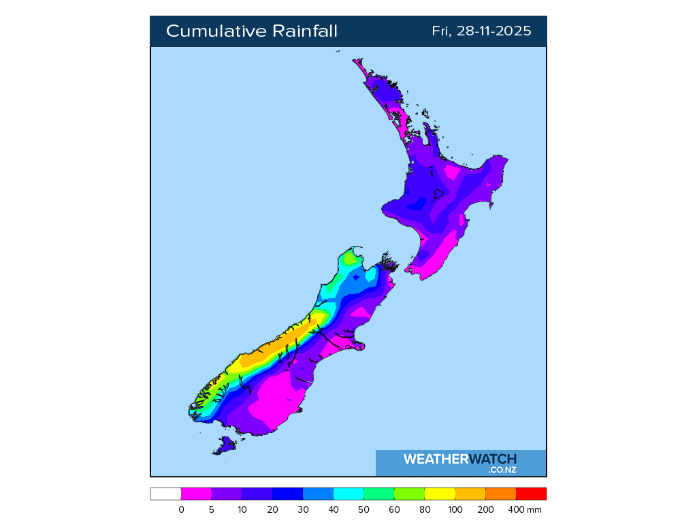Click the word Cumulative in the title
[216, 31]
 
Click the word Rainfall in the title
[304, 31]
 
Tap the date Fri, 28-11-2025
[481, 31]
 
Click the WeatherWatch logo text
[459, 459]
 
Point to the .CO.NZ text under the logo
[502, 470]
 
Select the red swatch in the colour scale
[531, 494]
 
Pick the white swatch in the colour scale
[165, 494]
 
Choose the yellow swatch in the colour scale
[440, 494]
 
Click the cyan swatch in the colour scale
[348, 494]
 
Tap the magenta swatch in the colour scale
[196, 494]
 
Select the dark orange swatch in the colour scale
[500, 494]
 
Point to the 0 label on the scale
[181, 509]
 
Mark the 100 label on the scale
[455, 509]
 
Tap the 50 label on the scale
[364, 509]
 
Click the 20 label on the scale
[272, 509]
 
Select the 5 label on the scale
[212, 509]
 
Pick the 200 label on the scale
[485, 509]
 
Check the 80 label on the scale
[425, 509]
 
